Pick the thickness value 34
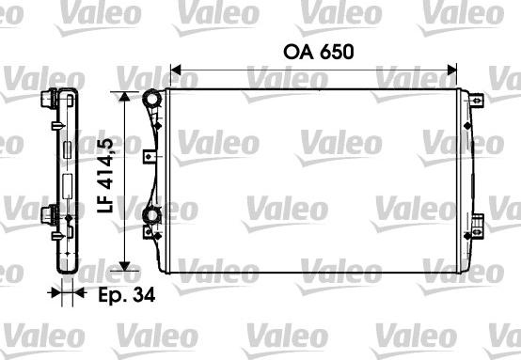(144, 294)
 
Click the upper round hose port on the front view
(150, 99)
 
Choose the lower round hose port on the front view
(150, 221)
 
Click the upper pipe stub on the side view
(47, 99)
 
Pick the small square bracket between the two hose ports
(148, 156)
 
